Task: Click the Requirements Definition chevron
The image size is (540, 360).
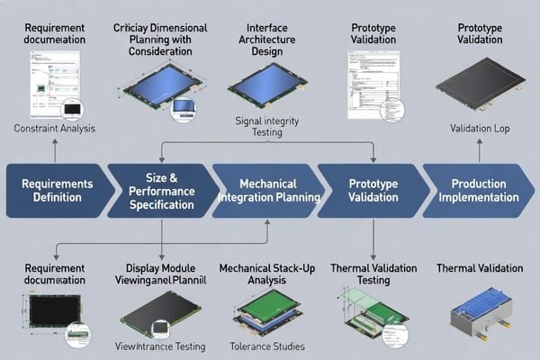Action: coord(56,191)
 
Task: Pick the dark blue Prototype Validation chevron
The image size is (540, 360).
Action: coord(371,191)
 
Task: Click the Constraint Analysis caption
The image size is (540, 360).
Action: coord(56,129)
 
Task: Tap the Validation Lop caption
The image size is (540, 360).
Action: coord(480,129)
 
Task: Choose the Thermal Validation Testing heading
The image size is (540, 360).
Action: coord(372,274)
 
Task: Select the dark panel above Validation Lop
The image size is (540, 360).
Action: coord(480,85)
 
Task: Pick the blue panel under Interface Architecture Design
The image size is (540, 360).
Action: coord(261,85)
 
